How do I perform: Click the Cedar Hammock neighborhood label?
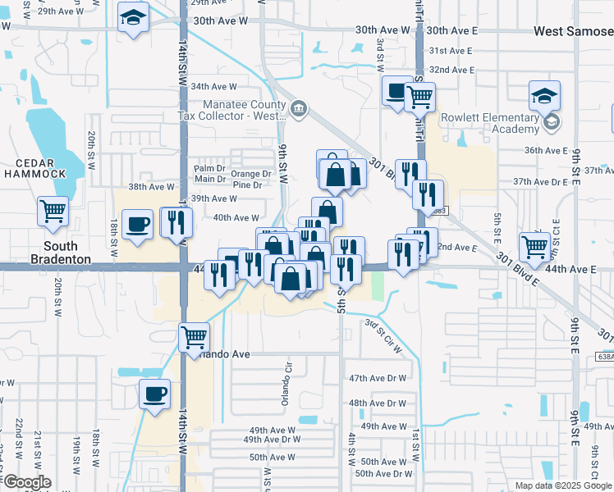(x=35, y=166)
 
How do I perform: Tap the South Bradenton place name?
(x=61, y=253)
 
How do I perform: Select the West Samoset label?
(x=573, y=31)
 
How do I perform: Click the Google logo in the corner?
(x=26, y=482)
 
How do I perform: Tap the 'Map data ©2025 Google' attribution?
(x=563, y=485)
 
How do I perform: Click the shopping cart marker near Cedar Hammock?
(x=53, y=211)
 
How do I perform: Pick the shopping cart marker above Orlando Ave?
(x=195, y=335)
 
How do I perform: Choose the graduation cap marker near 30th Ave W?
(x=132, y=18)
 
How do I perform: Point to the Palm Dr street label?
(x=209, y=169)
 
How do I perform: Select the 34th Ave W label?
(x=213, y=86)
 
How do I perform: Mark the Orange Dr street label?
(x=250, y=174)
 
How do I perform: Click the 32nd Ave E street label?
(x=451, y=71)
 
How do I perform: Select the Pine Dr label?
(x=248, y=185)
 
